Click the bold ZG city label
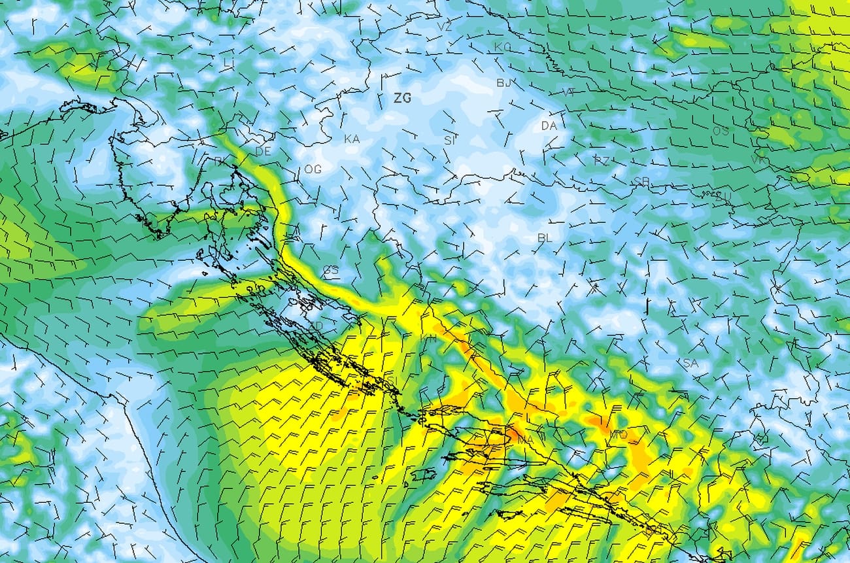pos(402,98)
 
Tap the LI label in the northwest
pos(228,62)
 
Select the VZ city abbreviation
pos(445,27)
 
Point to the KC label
pos(502,47)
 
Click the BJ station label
pos(503,82)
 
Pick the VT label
pos(568,92)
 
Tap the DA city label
pos(548,126)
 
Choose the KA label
pos(352,139)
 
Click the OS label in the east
pos(720,131)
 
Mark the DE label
pos(263,151)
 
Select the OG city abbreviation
pos(313,169)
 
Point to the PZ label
pos(601,160)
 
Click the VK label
pos(758,160)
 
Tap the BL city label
pos(545,238)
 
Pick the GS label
pos(330,270)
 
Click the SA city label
pos(690,363)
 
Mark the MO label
pos(618,434)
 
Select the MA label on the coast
pos(525,441)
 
